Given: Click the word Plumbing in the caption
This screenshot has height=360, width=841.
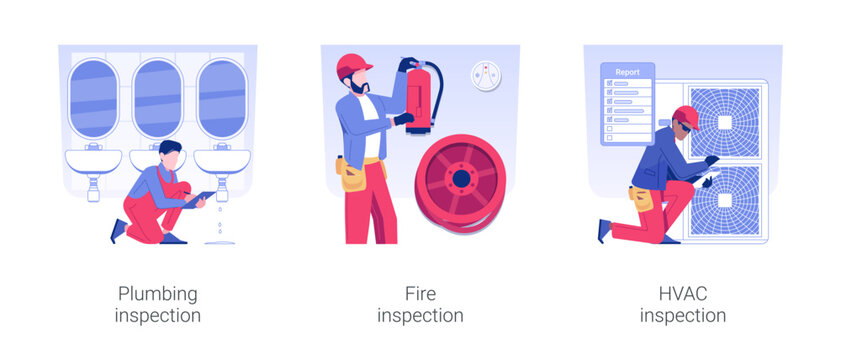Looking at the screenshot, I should pyautogui.click(x=158, y=294).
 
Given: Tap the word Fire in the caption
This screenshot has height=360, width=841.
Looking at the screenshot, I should pyautogui.click(x=420, y=294).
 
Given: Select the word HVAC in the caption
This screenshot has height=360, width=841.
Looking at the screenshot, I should pyautogui.click(x=682, y=294).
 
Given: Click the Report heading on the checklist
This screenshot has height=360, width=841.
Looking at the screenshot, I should pyautogui.click(x=627, y=72).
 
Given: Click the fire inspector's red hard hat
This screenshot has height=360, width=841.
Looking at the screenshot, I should pyautogui.click(x=354, y=65).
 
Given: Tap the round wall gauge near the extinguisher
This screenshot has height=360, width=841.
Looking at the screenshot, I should pyautogui.click(x=486, y=76).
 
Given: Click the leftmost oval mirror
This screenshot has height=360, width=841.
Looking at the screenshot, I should pyautogui.click(x=93, y=98).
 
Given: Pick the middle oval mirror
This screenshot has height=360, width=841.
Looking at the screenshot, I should pyautogui.click(x=158, y=98).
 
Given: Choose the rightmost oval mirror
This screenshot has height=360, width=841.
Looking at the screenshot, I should pyautogui.click(x=221, y=98).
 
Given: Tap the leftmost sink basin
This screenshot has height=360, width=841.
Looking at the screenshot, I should pyautogui.click(x=94, y=160).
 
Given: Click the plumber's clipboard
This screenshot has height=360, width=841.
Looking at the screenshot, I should pyautogui.click(x=200, y=195).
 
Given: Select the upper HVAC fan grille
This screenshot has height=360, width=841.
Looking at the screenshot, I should pyautogui.click(x=725, y=120).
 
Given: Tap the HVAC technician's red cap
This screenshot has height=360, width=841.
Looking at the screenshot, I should pyautogui.click(x=686, y=115).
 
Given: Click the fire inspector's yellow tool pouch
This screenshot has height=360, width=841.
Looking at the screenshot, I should pyautogui.click(x=353, y=176).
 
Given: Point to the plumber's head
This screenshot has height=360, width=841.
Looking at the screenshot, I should pyautogui.click(x=170, y=153).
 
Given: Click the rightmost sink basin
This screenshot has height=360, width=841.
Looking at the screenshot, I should pyautogui.click(x=222, y=160).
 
